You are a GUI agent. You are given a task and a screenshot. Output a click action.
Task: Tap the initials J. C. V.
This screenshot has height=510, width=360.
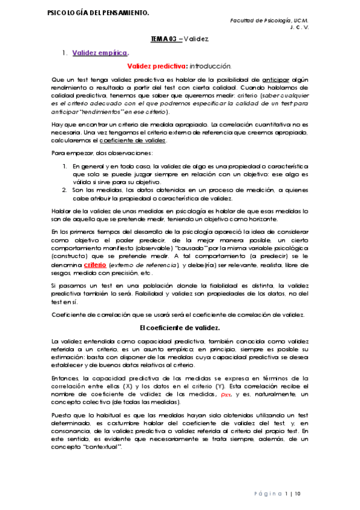click(299, 27)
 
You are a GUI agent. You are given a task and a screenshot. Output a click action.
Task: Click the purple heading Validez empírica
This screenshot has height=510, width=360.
click(100, 53)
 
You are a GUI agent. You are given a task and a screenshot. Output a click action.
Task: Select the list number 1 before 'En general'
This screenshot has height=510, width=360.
click(64, 165)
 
